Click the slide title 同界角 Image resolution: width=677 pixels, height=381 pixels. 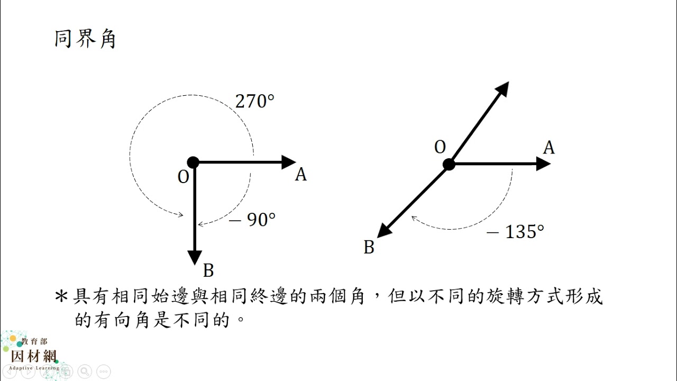85,39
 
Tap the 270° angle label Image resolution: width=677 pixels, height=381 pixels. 255,101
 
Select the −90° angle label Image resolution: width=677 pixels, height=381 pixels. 252,220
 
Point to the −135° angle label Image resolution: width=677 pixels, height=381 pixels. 515,232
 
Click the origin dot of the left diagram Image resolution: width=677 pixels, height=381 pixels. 193,162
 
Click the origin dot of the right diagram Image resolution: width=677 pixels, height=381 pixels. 449,164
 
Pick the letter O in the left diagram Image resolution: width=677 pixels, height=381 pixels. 183,177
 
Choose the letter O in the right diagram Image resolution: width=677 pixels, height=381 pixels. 440,147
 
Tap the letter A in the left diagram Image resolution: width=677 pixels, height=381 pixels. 301,175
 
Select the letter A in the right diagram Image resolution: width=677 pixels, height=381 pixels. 549,148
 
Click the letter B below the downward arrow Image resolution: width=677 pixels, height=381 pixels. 208,270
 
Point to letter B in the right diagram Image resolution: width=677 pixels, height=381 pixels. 369,247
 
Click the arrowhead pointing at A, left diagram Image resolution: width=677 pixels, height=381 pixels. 289,162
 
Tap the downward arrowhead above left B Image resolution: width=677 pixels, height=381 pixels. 195,258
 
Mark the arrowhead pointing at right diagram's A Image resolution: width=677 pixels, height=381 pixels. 543,164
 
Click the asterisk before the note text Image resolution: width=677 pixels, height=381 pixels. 61,297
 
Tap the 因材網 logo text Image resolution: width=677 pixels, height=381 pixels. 34,357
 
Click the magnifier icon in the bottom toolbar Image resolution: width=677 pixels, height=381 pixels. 85,371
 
